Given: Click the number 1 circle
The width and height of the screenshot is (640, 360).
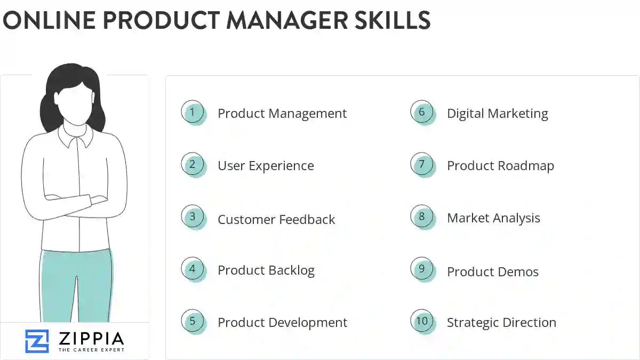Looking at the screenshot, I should tap(193, 113).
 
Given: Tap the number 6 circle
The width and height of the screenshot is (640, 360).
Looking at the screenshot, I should tap(422, 113).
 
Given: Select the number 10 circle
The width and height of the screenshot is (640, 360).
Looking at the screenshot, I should tap(422, 321).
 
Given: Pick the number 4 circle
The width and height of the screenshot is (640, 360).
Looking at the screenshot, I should tap(193, 269).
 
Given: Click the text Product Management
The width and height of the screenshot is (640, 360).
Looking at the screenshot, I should tap(282, 114).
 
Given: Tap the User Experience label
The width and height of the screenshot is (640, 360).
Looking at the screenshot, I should tap(266, 166).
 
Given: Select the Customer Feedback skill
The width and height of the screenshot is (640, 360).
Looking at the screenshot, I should tap(276, 219).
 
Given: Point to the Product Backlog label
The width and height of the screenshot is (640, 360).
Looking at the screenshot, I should tap(266, 270).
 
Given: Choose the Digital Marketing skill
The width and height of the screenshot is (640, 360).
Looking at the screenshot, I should tap(497, 114).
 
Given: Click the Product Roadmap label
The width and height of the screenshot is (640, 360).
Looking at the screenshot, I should tap(500, 166).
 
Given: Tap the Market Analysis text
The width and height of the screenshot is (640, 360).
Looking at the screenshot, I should tap(493, 218).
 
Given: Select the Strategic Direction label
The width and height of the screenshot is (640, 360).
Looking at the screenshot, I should tap(501, 323).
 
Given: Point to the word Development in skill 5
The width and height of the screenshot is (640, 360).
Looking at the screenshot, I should tap(308, 323).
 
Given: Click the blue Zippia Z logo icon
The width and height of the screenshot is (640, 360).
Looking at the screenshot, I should tap(37, 340).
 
